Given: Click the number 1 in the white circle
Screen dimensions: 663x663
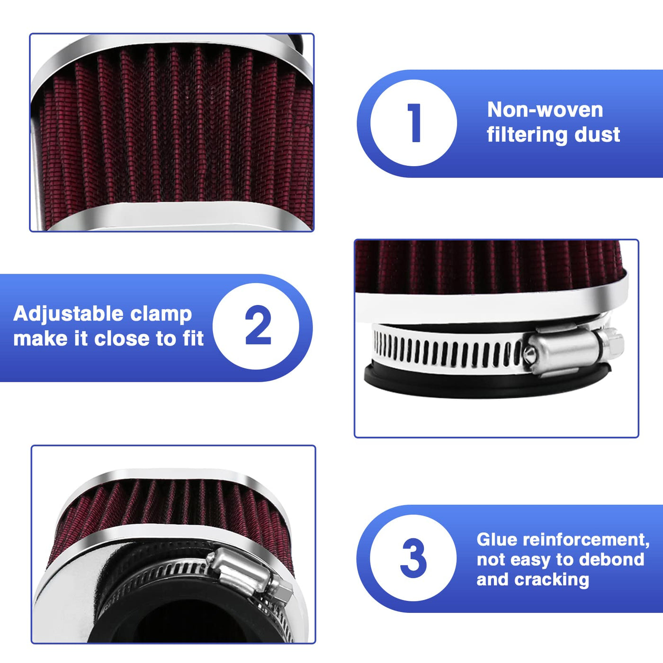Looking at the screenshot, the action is (x=414, y=123).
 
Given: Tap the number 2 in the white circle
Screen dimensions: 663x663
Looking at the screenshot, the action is (x=258, y=325).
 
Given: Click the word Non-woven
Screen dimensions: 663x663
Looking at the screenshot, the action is (x=545, y=110).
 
